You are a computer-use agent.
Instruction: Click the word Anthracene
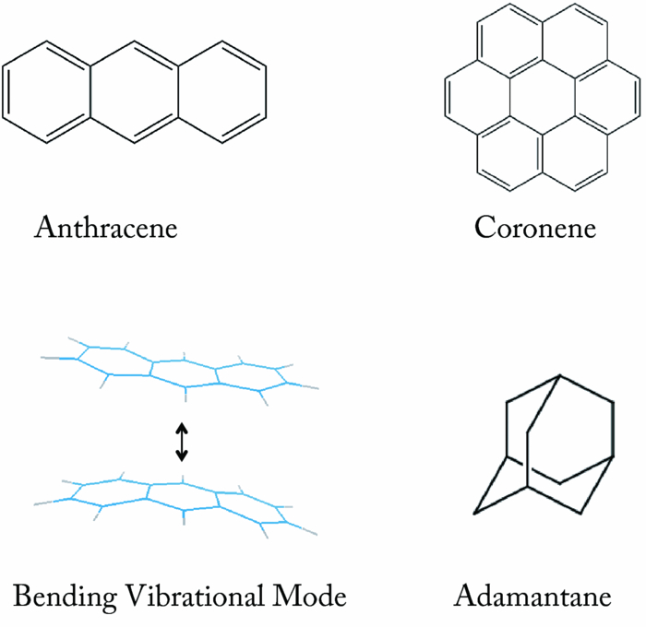(x=105, y=227)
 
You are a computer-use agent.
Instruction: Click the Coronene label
(x=535, y=227)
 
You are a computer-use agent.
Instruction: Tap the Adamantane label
(x=532, y=597)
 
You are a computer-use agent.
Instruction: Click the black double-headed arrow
(x=183, y=441)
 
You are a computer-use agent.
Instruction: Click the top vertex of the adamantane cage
(x=560, y=375)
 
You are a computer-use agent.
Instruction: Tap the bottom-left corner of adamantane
(x=476, y=512)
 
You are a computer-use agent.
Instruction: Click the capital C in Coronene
(x=485, y=227)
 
